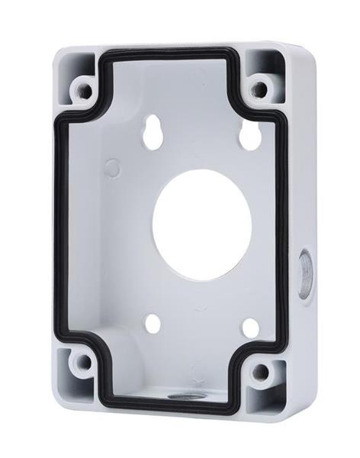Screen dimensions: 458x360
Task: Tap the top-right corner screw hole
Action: coord(260,89)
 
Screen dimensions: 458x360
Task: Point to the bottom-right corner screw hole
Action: coord(261,372)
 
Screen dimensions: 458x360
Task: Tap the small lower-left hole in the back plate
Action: coord(152,324)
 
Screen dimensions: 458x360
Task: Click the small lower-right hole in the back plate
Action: coord(249,327)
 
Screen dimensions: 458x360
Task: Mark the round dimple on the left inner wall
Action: coord(112,168)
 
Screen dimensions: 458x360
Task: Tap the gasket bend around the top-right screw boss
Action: coord(243,107)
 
